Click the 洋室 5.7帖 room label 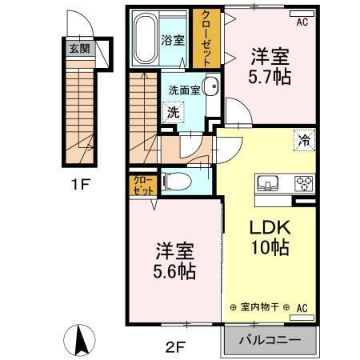[270, 66]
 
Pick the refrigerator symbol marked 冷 [304, 139]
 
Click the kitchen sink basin [266, 181]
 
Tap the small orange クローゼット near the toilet [142, 186]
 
